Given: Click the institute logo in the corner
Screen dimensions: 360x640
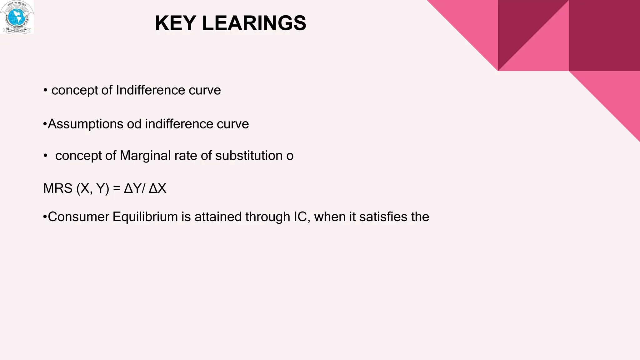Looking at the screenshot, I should (17, 17).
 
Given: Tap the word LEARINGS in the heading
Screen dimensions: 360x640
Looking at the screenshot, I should (254, 23).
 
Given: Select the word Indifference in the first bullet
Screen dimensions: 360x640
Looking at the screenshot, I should (150, 90).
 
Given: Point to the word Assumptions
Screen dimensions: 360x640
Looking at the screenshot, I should (85, 124).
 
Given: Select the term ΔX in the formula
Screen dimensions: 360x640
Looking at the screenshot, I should (157, 188).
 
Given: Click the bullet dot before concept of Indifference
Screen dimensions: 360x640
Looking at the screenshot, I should (45, 91).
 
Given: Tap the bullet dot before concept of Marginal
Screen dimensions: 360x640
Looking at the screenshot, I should (45, 156).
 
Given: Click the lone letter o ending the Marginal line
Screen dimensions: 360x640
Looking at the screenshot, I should (290, 156).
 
